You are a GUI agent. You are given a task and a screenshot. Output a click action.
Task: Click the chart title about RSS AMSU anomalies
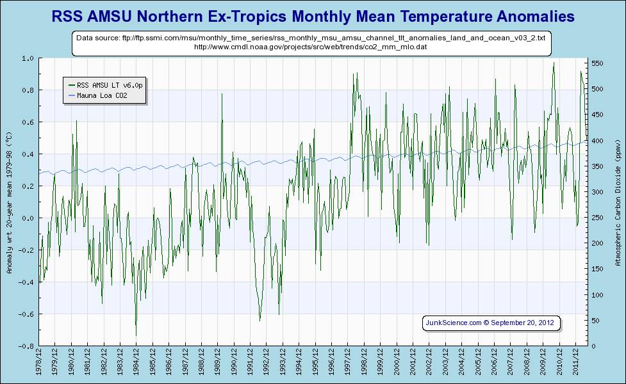[x=313, y=16]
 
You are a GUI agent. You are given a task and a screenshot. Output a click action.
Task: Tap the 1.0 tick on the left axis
[x=28, y=58]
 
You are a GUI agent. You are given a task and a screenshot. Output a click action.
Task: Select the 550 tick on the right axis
[x=597, y=63]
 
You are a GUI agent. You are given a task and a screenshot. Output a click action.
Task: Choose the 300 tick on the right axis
[x=597, y=192]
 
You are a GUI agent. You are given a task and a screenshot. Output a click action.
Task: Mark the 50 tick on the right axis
[x=595, y=321]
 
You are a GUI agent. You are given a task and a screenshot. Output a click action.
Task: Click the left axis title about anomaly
[x=9, y=202]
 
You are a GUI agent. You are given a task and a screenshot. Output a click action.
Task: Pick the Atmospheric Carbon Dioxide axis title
[x=617, y=202]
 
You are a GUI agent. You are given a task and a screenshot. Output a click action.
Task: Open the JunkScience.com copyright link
[x=491, y=323]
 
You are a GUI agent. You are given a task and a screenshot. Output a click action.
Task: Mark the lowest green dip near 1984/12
[x=136, y=335]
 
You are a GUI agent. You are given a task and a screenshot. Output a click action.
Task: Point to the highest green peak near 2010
[x=554, y=63]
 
